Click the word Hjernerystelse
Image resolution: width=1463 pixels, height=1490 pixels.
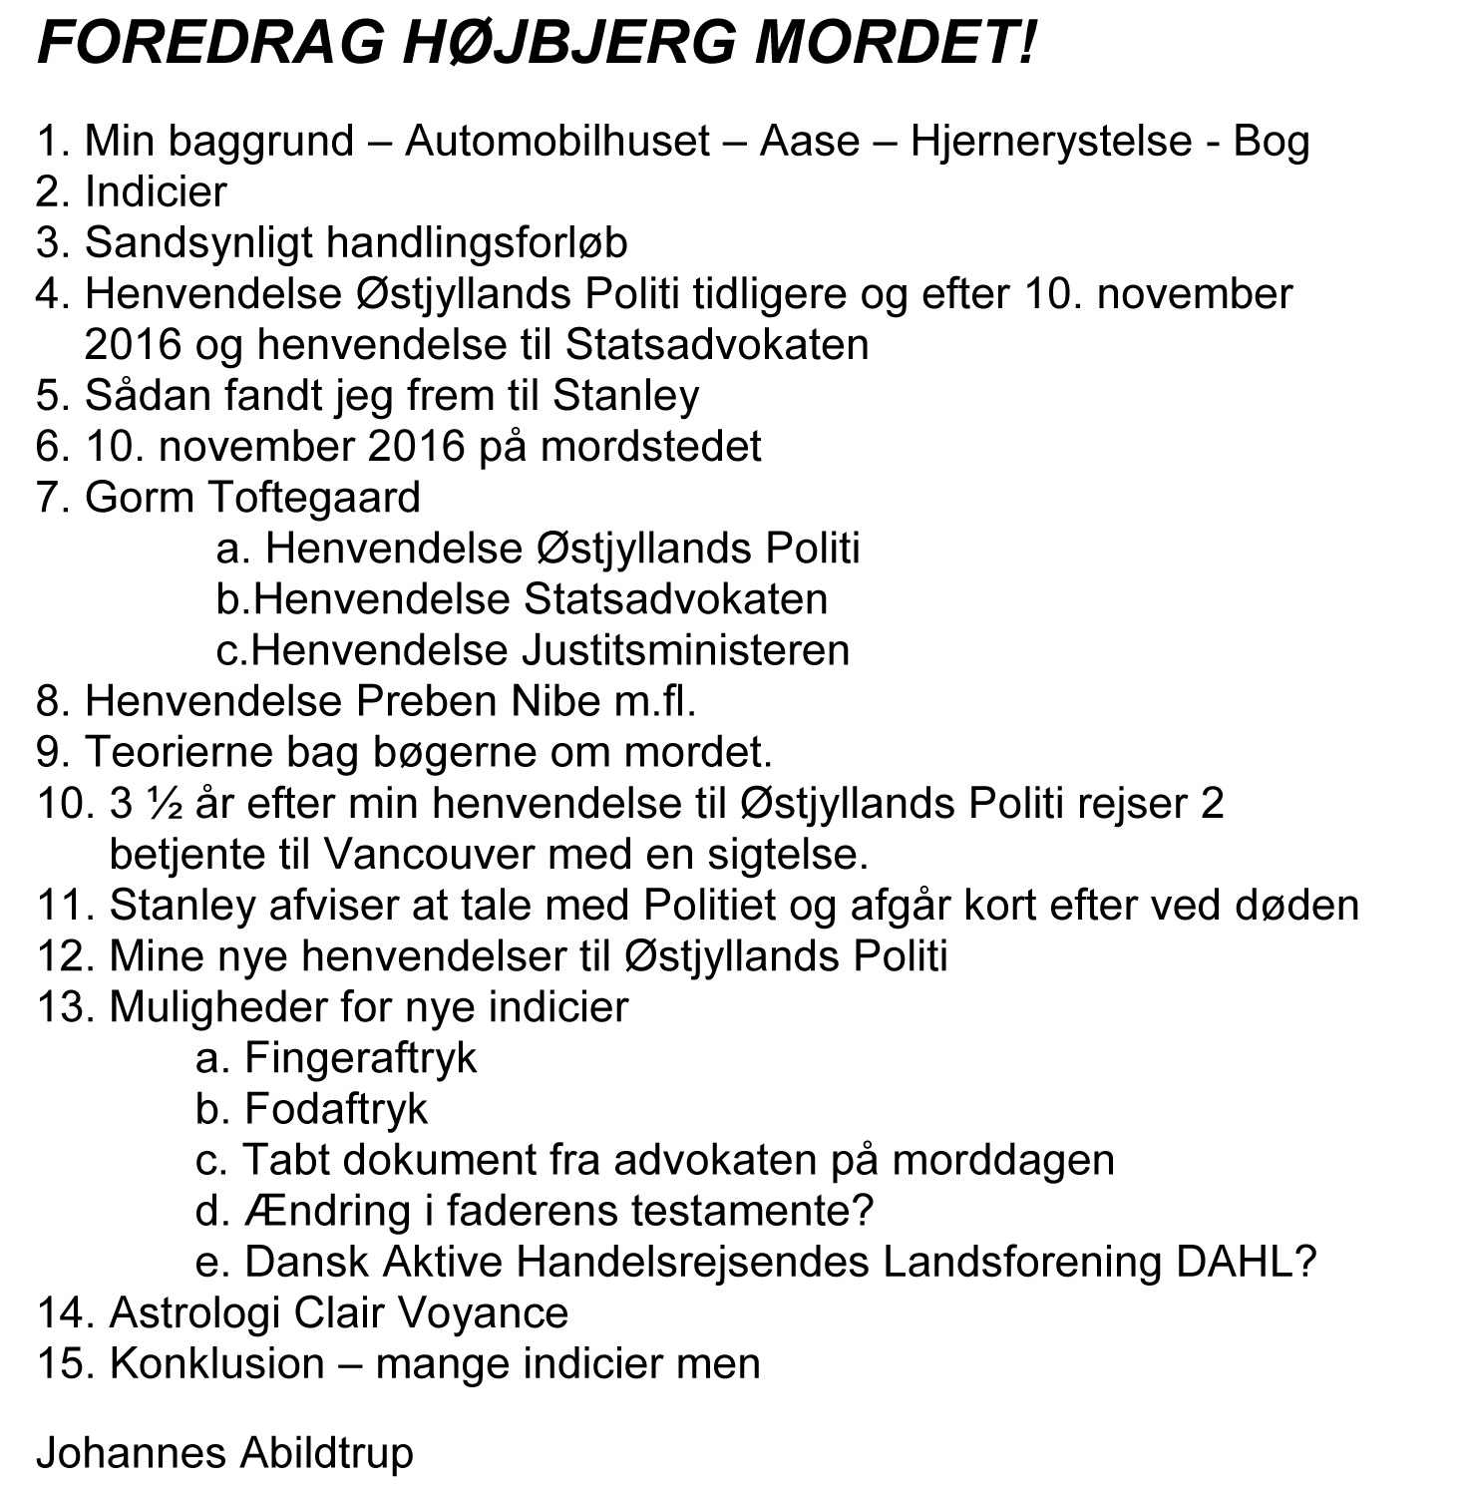1050,141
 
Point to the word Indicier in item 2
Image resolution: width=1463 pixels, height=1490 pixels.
156,191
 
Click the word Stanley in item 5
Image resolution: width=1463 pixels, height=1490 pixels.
625,395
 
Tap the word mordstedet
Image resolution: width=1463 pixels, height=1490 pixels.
650,446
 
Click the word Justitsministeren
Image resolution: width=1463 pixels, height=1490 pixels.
685,650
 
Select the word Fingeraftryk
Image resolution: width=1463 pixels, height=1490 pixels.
360,1058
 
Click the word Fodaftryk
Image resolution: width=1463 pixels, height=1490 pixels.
336,1109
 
